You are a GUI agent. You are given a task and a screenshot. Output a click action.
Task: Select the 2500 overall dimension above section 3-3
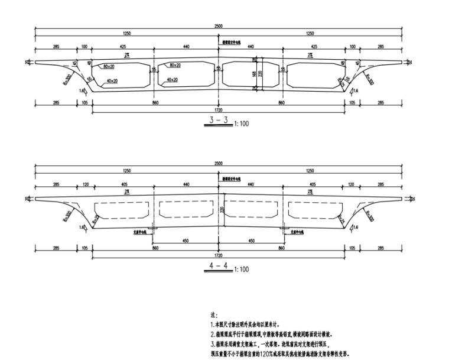pyautogui.click(x=218, y=27)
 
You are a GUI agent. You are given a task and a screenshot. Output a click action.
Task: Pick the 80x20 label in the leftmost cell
pyautogui.click(x=109, y=66)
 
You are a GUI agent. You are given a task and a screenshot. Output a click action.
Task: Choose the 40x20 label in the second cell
pyautogui.click(x=172, y=79)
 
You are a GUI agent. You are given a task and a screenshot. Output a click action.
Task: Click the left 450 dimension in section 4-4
pyautogui.click(x=186, y=241)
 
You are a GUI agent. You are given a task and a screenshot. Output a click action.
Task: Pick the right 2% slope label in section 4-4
pyautogui.click(x=310, y=192)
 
